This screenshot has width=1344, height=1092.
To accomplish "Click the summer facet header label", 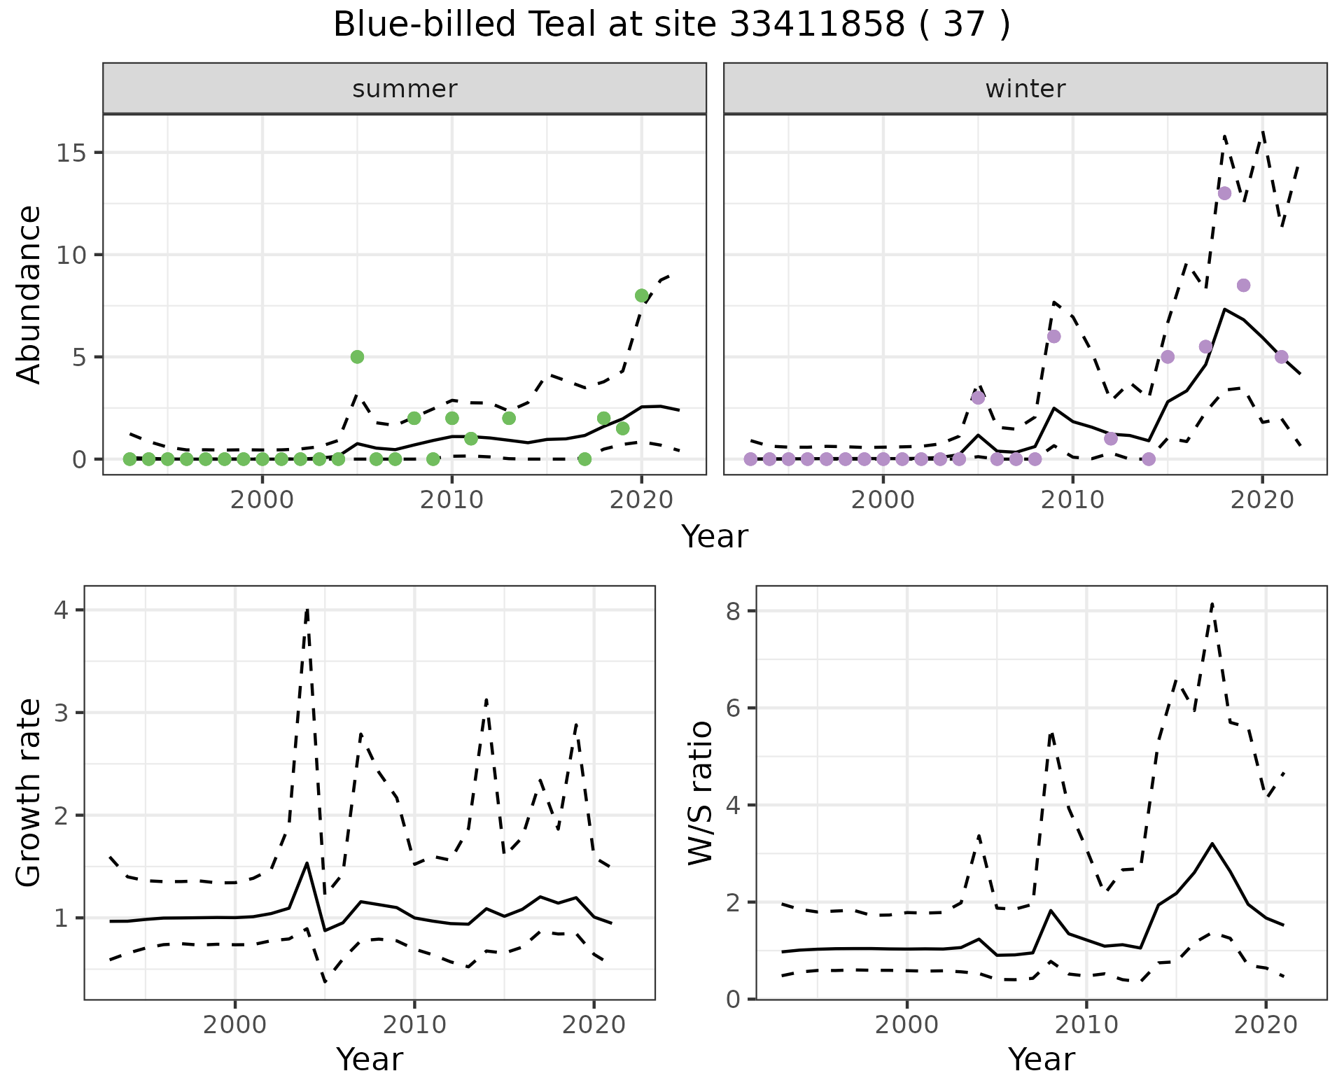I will [x=405, y=89].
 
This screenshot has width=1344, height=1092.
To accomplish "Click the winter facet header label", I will [x=1025, y=89].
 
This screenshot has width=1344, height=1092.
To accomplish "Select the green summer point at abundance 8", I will [x=641, y=295].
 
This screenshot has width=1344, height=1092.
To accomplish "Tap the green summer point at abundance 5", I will [x=357, y=357].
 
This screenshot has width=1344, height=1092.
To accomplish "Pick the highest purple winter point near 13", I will [x=1224, y=193].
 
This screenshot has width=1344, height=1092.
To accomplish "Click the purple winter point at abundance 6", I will [x=1053, y=337].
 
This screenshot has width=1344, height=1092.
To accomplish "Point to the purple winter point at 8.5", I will [x=1243, y=285].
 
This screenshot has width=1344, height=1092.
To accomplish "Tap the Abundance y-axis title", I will [x=29, y=295].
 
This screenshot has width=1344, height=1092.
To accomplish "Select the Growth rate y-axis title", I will [x=29, y=792].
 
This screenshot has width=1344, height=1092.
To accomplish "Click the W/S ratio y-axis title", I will [x=700, y=792].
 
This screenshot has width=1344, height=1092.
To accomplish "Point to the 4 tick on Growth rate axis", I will [x=61, y=610].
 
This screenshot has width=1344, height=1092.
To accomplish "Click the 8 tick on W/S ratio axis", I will [x=734, y=611].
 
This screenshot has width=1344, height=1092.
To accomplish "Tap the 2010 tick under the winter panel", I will [x=1072, y=500].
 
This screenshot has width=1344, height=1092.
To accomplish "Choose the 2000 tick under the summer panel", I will [x=262, y=500].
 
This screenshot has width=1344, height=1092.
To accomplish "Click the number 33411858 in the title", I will [x=817, y=25].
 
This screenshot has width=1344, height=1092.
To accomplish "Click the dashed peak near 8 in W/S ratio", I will [x=1212, y=603].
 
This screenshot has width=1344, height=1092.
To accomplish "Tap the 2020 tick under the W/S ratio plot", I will [x=1266, y=1025].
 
